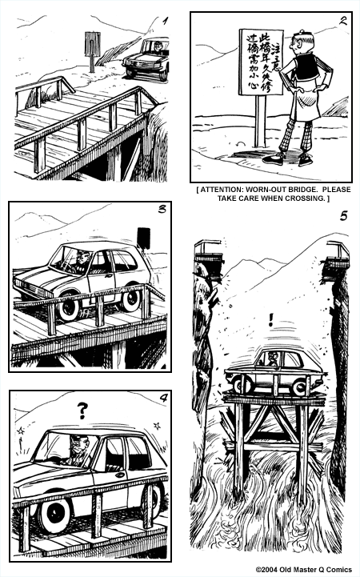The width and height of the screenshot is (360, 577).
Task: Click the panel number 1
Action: [x=164, y=22]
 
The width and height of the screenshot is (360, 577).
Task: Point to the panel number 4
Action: [x=162, y=400]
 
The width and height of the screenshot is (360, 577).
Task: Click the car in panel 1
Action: [x=146, y=58]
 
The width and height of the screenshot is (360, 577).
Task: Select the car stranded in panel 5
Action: [x=272, y=373]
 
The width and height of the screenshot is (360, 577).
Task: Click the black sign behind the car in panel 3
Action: [x=144, y=238]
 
